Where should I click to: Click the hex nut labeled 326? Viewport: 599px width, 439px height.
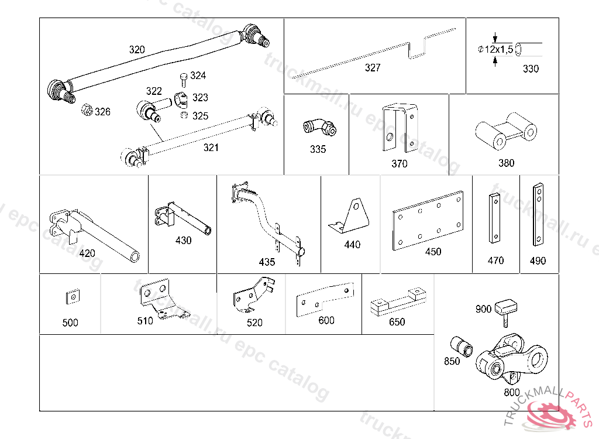tap(85, 110)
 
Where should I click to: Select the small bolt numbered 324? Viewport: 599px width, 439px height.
tap(183, 78)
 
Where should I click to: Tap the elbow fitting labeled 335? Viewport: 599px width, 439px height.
tap(319, 126)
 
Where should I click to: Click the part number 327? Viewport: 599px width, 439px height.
tap(373, 68)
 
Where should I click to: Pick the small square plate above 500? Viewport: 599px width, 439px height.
tap(71, 297)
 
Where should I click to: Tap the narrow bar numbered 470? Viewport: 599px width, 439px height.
tap(495, 217)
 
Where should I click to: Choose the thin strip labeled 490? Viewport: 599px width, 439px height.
tap(537, 215)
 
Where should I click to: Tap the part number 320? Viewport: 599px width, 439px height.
tap(137, 50)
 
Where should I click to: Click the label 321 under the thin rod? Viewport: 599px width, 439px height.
tap(211, 148)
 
